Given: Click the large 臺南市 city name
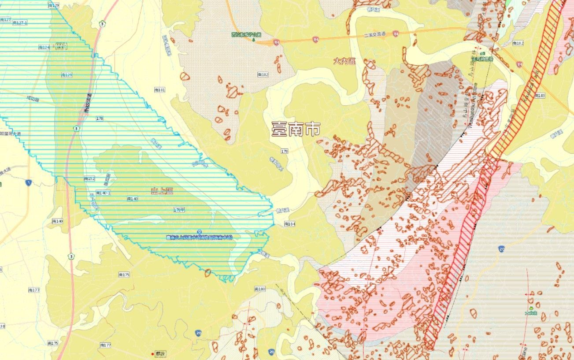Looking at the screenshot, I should tap(296, 130).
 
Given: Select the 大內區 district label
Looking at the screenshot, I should tap(344, 61).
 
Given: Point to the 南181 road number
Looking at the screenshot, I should tap(159, 90).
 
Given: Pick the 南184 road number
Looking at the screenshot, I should tap(289, 224).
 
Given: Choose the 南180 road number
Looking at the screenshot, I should tap(260, 289).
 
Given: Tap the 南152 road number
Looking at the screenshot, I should tap(89, 178).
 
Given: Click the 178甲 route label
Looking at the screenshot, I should tap(179, 209).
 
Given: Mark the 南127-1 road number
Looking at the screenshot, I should tap(20, 22).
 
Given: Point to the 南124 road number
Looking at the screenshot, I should tap(44, 47).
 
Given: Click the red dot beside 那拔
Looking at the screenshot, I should tap(153, 354).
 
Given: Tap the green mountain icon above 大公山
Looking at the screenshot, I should tap(532, 308).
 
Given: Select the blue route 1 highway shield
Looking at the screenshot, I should tap(29, 182).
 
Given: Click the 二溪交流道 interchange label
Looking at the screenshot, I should tap(374, 34).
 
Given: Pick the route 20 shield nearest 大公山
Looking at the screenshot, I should tap(502, 249).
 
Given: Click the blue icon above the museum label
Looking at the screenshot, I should tap(200, 232).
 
